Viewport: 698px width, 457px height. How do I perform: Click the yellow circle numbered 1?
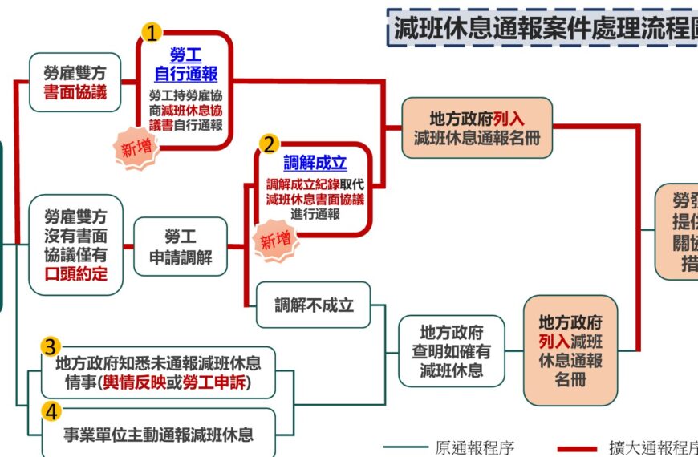tap(152, 32)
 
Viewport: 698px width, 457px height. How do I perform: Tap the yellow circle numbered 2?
tap(270, 144)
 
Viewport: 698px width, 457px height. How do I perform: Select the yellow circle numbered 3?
tap(51, 347)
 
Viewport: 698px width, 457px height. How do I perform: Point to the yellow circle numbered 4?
tap(51, 411)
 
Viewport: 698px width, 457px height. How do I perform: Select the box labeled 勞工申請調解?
tap(181, 246)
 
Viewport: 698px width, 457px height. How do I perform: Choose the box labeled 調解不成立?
tap(313, 305)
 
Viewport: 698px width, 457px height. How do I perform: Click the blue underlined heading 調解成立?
tap(315, 164)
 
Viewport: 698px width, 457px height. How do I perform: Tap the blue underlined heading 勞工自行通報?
tap(186, 64)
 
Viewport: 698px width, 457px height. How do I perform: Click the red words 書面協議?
tap(75, 91)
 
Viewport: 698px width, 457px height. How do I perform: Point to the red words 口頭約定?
tap(75, 274)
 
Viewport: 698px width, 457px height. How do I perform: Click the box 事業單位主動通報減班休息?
tap(158, 435)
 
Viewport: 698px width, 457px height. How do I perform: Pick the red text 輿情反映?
tap(137, 383)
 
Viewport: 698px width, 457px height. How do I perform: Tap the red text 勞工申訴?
tap(214, 383)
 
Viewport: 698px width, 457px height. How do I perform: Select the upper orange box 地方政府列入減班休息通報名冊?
tap(477, 127)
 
